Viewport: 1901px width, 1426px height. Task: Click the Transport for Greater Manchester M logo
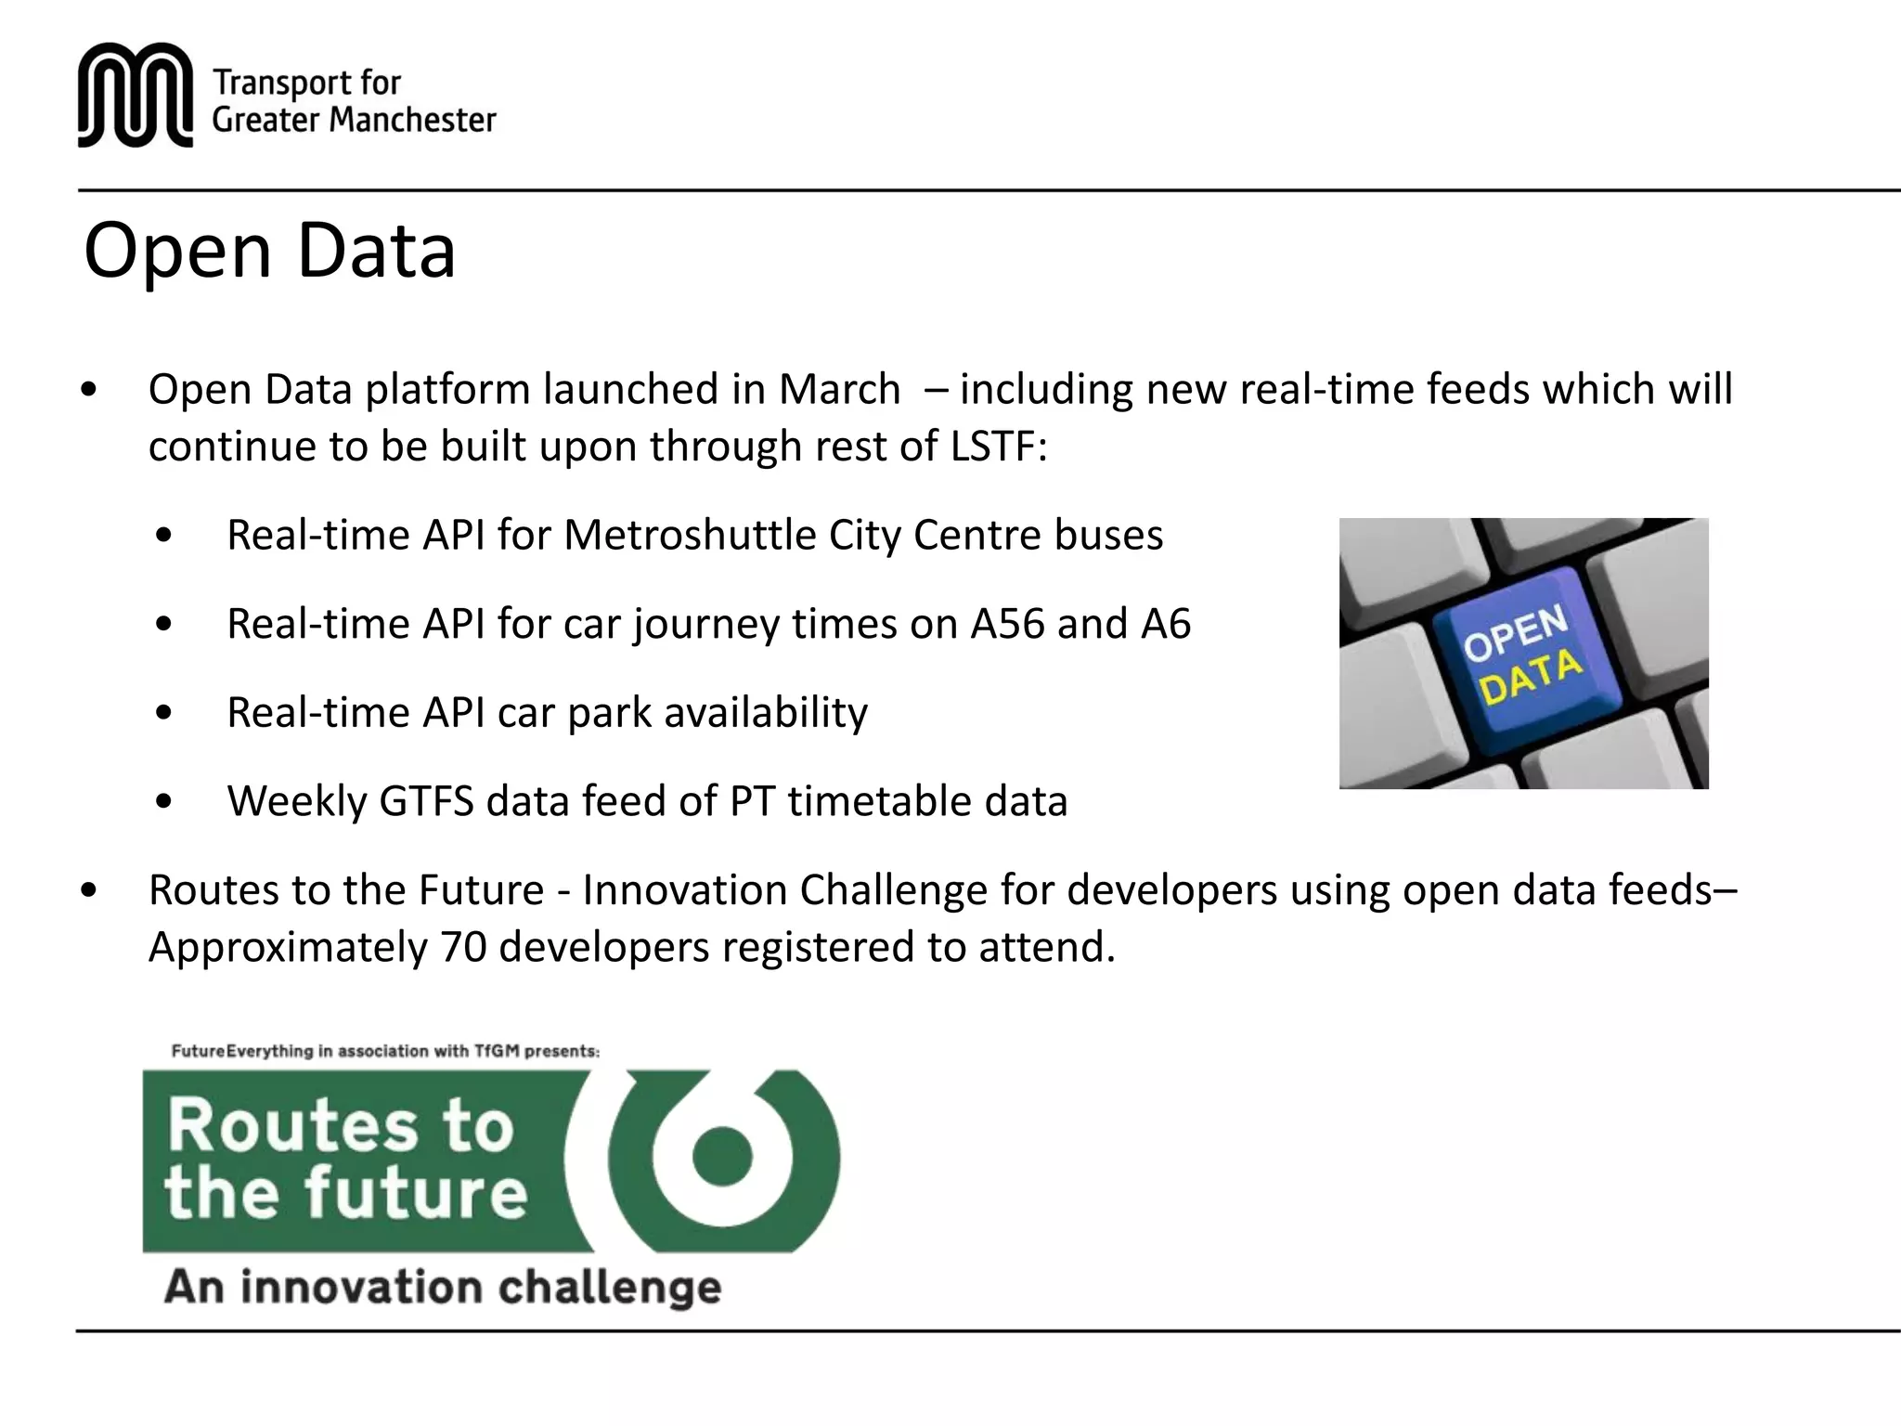click(x=136, y=95)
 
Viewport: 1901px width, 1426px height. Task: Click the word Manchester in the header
click(x=413, y=120)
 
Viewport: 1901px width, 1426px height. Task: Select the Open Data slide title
click(x=269, y=250)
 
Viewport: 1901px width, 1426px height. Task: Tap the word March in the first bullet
click(x=839, y=389)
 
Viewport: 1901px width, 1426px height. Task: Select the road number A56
click(x=1007, y=624)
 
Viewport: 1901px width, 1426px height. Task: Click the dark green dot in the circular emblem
click(x=721, y=1156)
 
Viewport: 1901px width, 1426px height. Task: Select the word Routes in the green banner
click(x=292, y=1126)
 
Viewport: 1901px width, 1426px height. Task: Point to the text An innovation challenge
click(x=443, y=1288)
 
